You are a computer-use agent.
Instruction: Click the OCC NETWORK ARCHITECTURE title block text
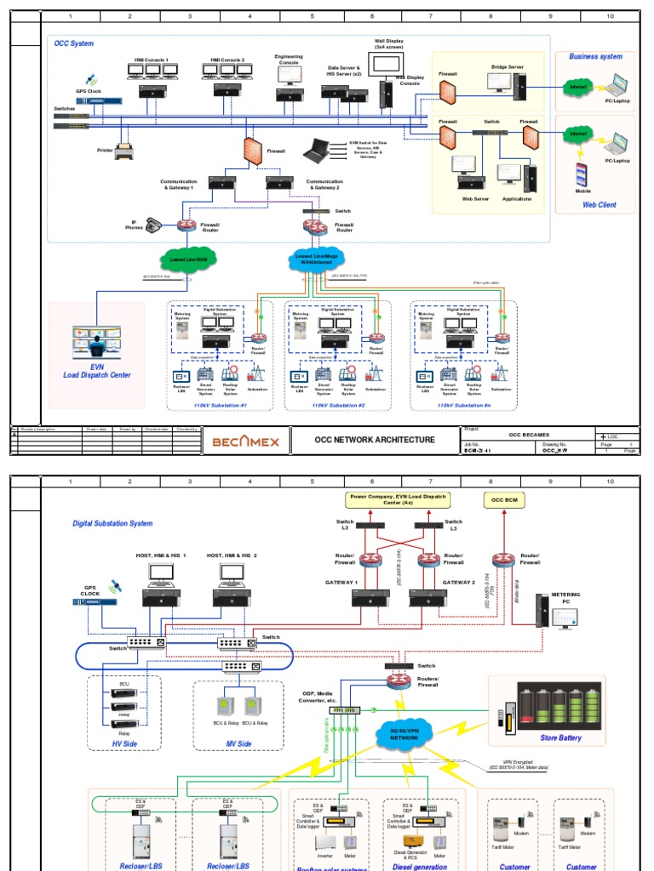(x=375, y=440)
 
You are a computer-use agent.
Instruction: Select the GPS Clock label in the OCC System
(x=88, y=90)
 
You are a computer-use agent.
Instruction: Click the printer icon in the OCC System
(x=124, y=153)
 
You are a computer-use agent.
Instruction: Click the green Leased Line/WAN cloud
(x=188, y=259)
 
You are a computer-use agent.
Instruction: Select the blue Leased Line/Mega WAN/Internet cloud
(x=315, y=259)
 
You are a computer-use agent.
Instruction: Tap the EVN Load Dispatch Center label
(x=97, y=370)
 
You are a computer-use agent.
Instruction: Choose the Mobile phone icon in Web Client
(x=582, y=174)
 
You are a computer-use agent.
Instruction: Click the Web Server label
(x=473, y=199)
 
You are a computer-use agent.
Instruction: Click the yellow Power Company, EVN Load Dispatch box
(x=399, y=499)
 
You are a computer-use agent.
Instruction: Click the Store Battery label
(x=560, y=737)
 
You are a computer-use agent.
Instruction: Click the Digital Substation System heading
(x=112, y=523)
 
